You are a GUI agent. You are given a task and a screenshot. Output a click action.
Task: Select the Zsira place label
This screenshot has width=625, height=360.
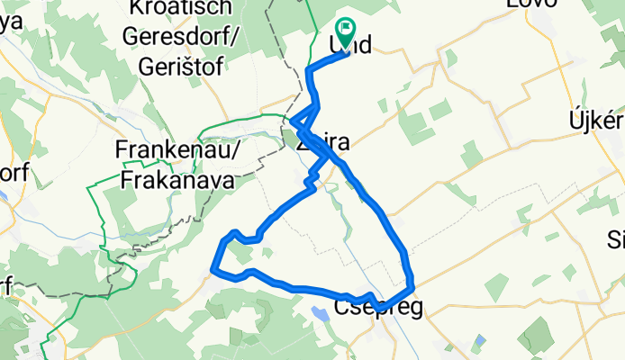tap(322, 142)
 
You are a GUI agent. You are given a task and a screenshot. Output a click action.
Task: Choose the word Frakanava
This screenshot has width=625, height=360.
tap(177, 180)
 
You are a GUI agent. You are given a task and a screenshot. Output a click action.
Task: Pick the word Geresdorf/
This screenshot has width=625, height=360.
tap(180, 37)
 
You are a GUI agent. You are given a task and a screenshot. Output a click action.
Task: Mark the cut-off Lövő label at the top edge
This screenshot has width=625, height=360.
tap(528, 4)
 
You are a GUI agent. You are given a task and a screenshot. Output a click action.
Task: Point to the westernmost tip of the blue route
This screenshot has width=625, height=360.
tap(213, 267)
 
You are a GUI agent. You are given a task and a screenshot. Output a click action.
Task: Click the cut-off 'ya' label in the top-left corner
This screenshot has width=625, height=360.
tap(9, 23)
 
